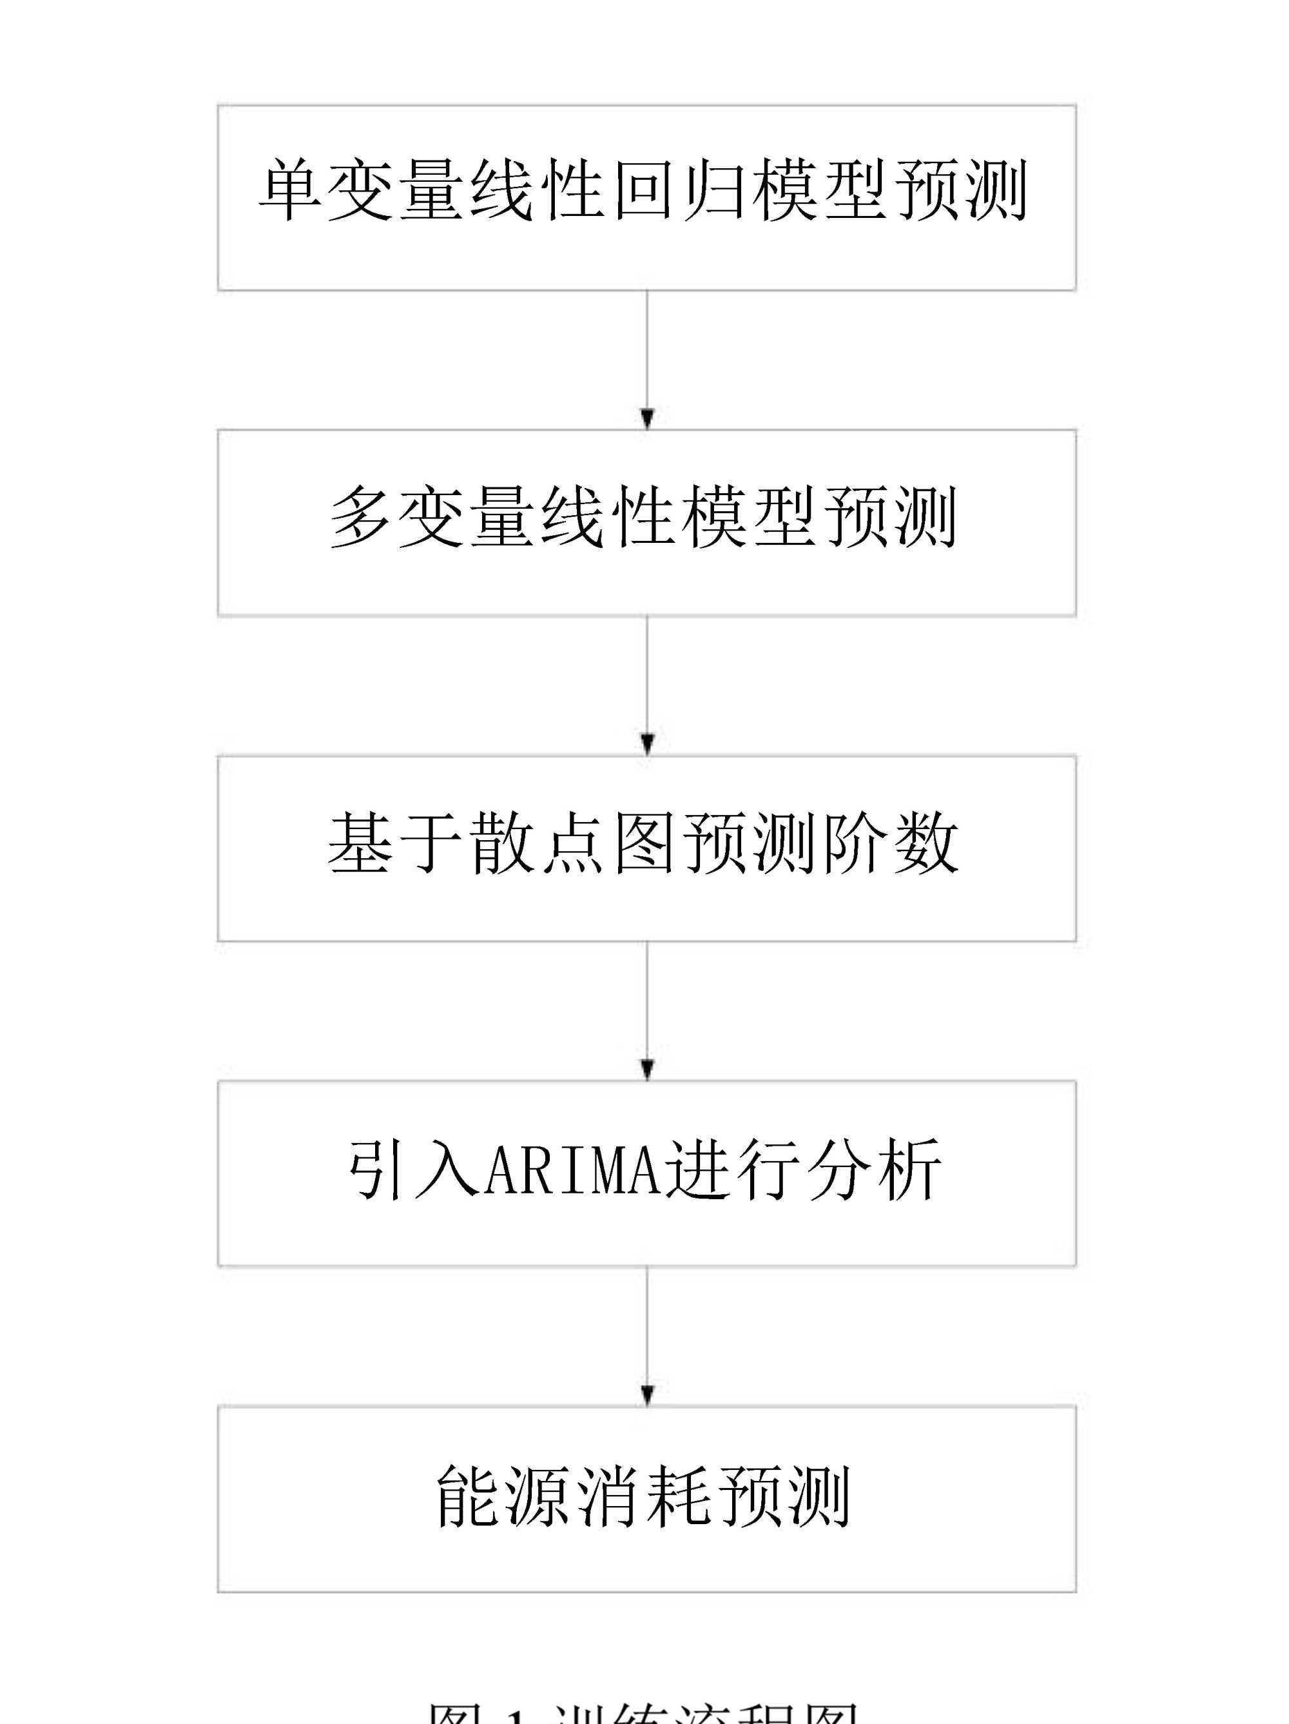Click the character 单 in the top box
pos(289,190)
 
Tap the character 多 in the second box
pos(360,516)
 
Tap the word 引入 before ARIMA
pos(413,1168)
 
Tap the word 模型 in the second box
pos(749,516)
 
